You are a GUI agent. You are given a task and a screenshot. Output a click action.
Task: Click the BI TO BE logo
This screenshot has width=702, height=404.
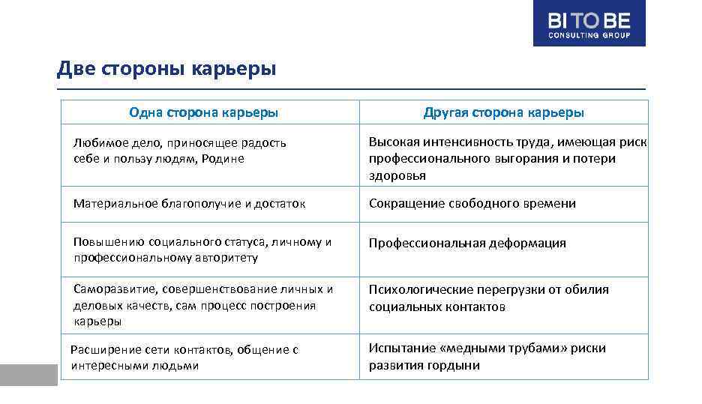[x=589, y=23]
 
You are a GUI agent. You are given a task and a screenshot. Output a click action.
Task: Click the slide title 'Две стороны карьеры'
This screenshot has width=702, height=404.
[x=166, y=70]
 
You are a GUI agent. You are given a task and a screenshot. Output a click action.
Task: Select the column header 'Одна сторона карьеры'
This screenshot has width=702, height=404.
[x=204, y=112]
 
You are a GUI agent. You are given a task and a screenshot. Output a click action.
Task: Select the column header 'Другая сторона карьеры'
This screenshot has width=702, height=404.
[x=503, y=112]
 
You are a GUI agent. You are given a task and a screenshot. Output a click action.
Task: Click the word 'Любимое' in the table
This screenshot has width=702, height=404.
[x=96, y=142]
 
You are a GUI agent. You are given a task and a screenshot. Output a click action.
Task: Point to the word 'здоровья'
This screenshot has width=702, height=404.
[x=397, y=175]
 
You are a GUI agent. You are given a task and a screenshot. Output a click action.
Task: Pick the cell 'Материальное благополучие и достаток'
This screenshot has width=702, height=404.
[x=189, y=204]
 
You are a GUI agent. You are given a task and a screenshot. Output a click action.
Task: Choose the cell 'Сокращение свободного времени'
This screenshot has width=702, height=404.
[x=472, y=204]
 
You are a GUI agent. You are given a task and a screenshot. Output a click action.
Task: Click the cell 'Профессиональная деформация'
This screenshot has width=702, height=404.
[x=467, y=243]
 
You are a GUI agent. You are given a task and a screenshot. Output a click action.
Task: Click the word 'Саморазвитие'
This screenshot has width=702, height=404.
[x=109, y=289]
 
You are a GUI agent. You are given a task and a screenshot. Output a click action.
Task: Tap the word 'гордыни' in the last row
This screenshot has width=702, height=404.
[x=457, y=365]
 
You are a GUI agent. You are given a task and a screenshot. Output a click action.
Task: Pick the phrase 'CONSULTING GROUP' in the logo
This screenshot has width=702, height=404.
[x=589, y=34]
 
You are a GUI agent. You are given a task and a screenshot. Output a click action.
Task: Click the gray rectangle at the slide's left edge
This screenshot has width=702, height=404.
[x=28, y=375]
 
